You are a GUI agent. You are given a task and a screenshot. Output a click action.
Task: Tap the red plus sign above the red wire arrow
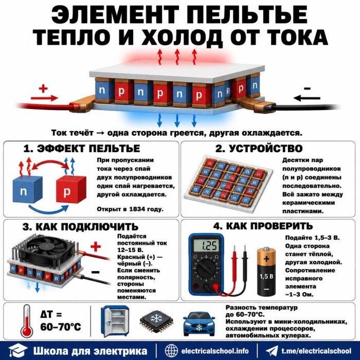click(43, 88)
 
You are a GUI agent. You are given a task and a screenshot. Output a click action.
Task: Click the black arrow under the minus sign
click(307, 98)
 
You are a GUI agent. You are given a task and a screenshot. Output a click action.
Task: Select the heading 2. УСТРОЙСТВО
click(259, 149)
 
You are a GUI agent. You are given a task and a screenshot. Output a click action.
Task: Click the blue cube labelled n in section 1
click(27, 189)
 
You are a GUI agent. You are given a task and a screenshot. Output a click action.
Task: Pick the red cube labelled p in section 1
click(71, 189)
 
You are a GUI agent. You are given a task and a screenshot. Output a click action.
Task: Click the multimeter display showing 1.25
click(206, 245)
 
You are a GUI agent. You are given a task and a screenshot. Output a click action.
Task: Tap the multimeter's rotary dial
click(206, 268)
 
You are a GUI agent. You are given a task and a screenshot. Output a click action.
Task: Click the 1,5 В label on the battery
click(266, 276)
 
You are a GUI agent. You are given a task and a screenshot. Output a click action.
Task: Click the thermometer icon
click(27, 321)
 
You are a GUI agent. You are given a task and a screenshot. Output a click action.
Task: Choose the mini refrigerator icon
click(115, 321)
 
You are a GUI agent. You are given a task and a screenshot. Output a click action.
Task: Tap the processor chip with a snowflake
click(156, 321)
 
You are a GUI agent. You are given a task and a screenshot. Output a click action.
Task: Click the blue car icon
click(199, 323)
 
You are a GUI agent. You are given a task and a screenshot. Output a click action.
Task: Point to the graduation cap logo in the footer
click(18, 350)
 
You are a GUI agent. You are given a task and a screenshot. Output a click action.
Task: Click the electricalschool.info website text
click(215, 351)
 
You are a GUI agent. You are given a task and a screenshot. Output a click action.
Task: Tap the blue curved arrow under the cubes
click(48, 210)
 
